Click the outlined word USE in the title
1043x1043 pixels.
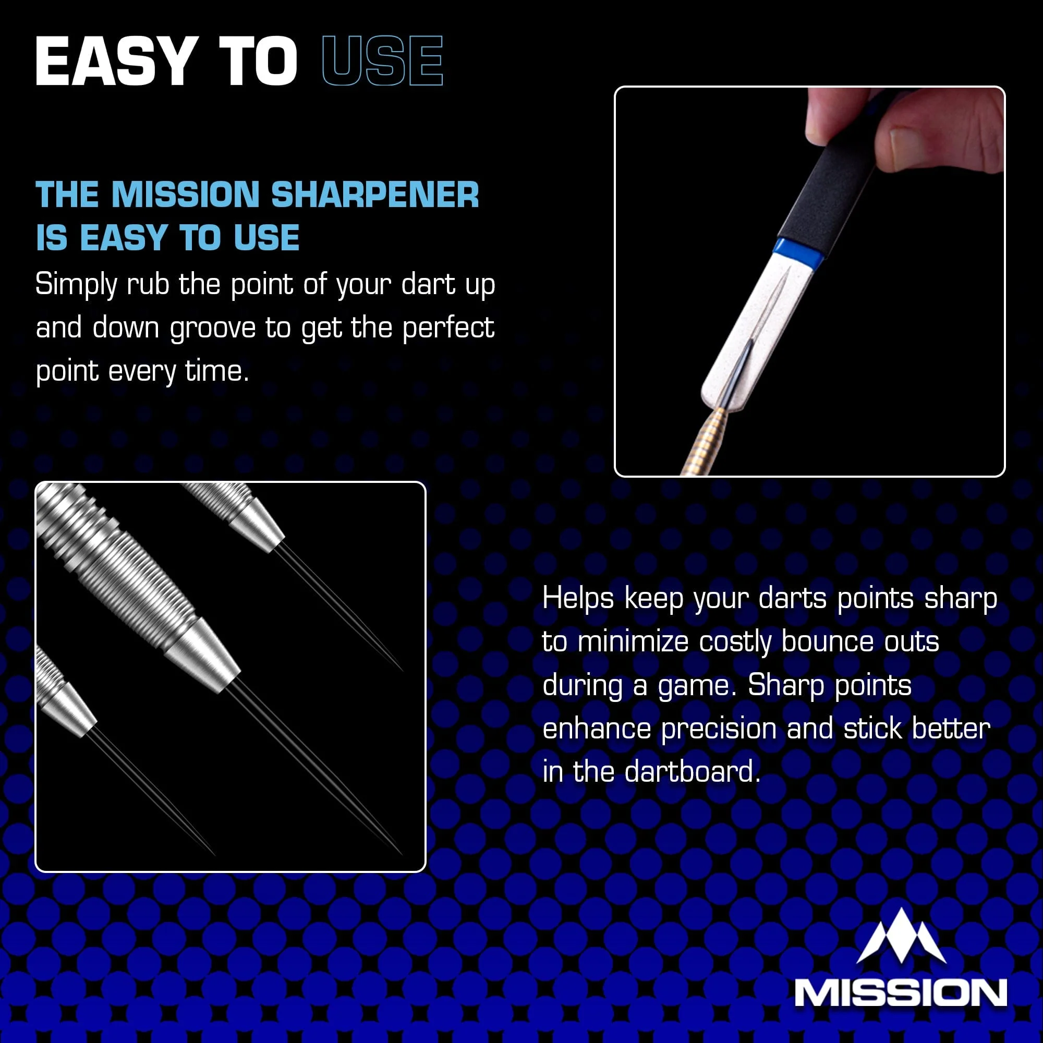(382, 61)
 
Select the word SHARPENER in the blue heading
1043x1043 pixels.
(374, 195)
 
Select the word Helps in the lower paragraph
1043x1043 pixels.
(578, 598)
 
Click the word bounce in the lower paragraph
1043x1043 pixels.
(827, 641)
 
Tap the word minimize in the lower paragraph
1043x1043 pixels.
(633, 642)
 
